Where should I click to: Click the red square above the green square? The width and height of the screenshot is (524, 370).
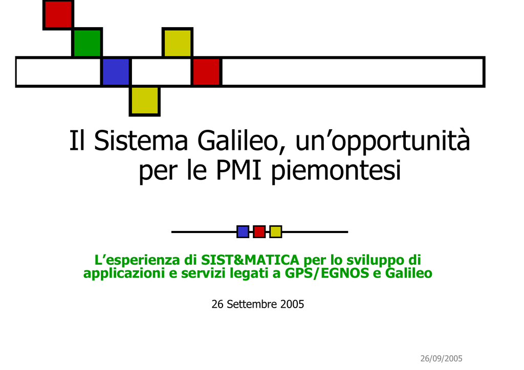click(58, 15)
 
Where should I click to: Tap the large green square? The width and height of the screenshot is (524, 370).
click(87, 43)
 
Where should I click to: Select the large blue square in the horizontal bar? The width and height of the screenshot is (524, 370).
click(116, 72)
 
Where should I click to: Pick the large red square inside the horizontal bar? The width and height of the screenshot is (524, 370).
click(207, 72)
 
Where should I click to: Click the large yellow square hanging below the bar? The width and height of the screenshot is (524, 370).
click(145, 101)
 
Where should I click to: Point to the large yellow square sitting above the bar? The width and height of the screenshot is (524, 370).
click(178, 43)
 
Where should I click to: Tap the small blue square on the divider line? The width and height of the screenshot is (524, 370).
click(243, 232)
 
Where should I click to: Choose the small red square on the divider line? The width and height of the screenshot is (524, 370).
click(259, 232)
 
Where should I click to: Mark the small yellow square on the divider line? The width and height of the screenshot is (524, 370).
click(276, 232)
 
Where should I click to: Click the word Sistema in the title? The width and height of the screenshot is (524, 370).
click(141, 141)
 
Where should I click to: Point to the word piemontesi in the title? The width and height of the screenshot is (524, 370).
click(336, 171)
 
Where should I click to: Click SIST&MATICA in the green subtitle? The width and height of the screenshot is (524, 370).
click(250, 260)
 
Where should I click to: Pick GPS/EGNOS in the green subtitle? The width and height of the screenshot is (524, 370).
click(327, 273)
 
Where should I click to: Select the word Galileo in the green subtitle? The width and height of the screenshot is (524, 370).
click(409, 273)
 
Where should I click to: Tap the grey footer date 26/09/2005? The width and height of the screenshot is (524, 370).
click(441, 359)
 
